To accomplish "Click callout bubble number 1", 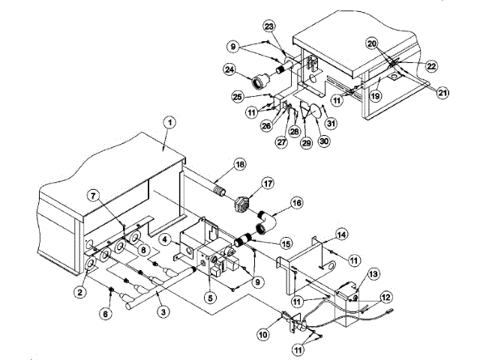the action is [x=170, y=123].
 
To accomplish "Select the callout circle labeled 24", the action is [x=230, y=70].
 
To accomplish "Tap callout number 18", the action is [x=240, y=164].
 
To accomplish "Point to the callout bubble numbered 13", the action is [x=373, y=274].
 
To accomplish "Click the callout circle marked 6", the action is [x=105, y=314].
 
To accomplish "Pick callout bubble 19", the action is [x=375, y=96].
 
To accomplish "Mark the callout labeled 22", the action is [x=431, y=66].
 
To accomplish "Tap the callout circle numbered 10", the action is [x=263, y=334].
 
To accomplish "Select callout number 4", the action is [x=165, y=240].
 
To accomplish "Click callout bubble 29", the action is [x=307, y=142].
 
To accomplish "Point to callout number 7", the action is [x=94, y=195].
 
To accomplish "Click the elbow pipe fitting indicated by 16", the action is [x=265, y=223].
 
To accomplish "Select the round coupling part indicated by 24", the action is [x=261, y=80].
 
